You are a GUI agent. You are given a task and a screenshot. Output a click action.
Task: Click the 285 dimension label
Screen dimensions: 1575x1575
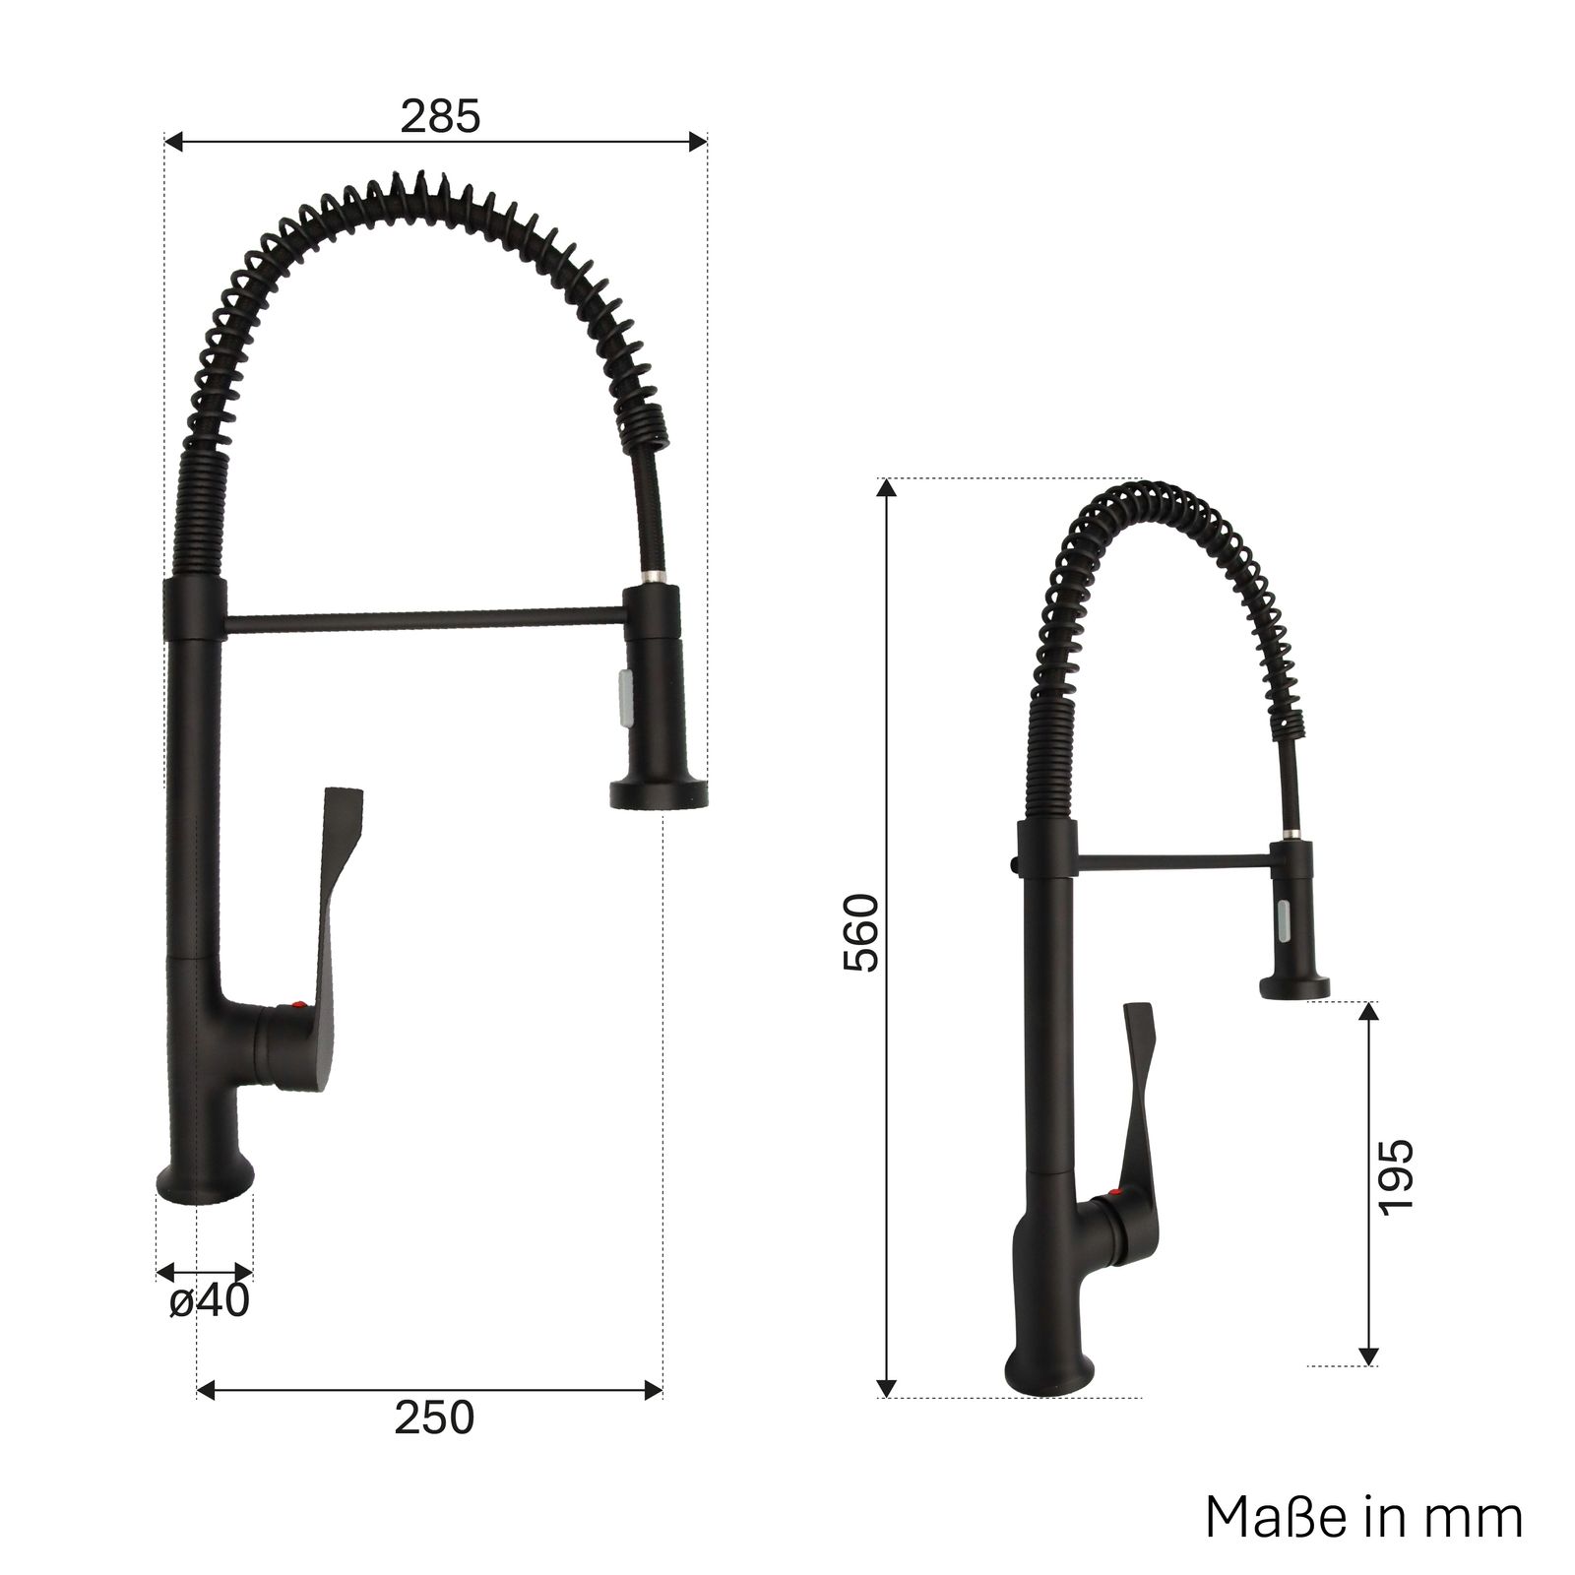[440, 116]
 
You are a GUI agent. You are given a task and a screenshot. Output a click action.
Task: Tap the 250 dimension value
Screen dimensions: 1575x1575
[434, 1417]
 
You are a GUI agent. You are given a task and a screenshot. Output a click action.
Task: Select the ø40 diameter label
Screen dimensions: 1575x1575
[210, 1301]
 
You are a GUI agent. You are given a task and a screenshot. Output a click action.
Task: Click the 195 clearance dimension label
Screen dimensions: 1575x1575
[1395, 1176]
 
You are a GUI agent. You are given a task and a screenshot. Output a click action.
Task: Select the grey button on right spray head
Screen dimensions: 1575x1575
[1283, 920]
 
